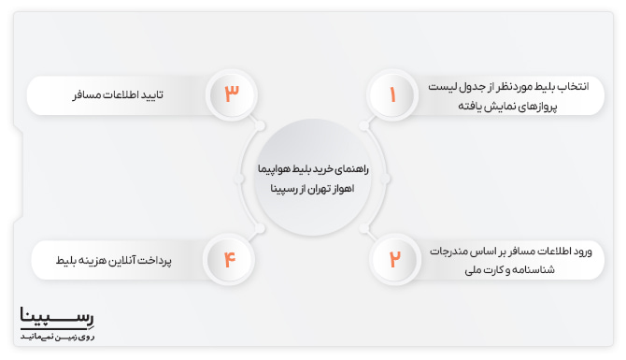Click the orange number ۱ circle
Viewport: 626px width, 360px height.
[x=393, y=94]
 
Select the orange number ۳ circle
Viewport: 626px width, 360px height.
[x=233, y=94]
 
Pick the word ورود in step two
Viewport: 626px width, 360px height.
[x=580, y=251]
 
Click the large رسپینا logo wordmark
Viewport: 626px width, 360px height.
[x=57, y=316]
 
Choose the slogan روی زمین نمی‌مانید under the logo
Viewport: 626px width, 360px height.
[x=57, y=334]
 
